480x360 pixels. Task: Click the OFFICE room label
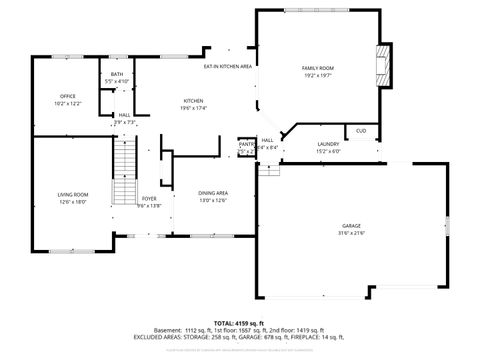(x=68, y=96)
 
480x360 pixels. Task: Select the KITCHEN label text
(x=194, y=101)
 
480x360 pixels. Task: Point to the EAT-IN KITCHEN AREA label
(x=227, y=66)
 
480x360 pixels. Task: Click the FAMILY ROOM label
(x=318, y=68)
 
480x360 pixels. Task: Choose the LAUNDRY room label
(x=328, y=145)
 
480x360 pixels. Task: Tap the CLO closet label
(x=361, y=131)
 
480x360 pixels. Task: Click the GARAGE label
(x=351, y=227)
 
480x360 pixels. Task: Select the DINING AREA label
(x=214, y=193)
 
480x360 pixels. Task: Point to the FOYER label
(x=149, y=199)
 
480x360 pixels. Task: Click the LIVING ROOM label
(x=72, y=194)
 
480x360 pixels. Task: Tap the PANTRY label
(x=246, y=144)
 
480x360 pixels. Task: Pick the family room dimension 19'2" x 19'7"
(x=318, y=75)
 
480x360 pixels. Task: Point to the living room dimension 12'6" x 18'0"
(x=72, y=201)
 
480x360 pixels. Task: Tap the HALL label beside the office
(x=124, y=115)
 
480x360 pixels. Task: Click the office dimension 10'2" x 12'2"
(x=68, y=103)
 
